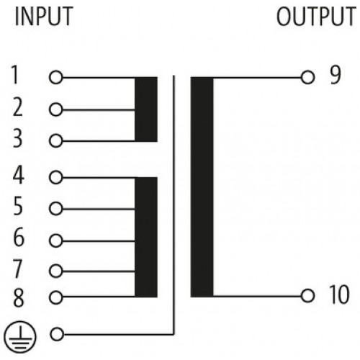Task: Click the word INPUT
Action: click(44, 16)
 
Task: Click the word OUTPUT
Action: click(316, 16)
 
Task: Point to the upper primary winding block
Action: click(146, 109)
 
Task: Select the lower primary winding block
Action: click(146, 237)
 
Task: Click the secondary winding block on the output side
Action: click(202, 187)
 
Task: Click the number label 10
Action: click(339, 294)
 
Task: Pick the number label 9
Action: click(336, 75)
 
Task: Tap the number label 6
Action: click(19, 237)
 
